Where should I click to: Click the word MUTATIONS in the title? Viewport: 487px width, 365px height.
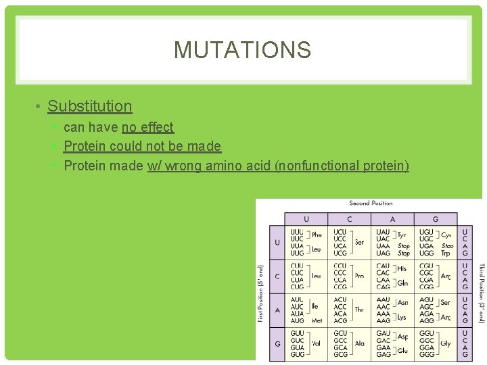tap(242, 50)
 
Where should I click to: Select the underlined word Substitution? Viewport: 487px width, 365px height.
tap(90, 106)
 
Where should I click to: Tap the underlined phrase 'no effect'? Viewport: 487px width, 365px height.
tap(147, 127)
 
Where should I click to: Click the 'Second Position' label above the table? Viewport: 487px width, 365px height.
tap(371, 203)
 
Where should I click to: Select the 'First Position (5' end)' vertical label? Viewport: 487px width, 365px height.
tap(260, 293)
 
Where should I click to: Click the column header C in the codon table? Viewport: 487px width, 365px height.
tap(349, 219)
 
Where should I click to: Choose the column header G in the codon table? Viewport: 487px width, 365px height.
tap(435, 219)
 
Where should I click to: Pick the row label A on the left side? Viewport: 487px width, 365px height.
tap(277, 310)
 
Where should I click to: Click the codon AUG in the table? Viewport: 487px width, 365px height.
tap(297, 320)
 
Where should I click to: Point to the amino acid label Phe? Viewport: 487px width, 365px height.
tap(317, 235)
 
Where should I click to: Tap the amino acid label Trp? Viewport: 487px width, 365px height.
tap(446, 253)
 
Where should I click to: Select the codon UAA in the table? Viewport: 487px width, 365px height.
tap(383, 246)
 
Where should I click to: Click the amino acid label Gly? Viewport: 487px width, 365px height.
tap(446, 343)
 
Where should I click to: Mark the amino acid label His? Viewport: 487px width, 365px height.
tap(402, 269)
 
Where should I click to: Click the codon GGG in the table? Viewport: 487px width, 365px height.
tap(426, 354)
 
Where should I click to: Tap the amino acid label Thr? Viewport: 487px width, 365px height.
tap(359, 310)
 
